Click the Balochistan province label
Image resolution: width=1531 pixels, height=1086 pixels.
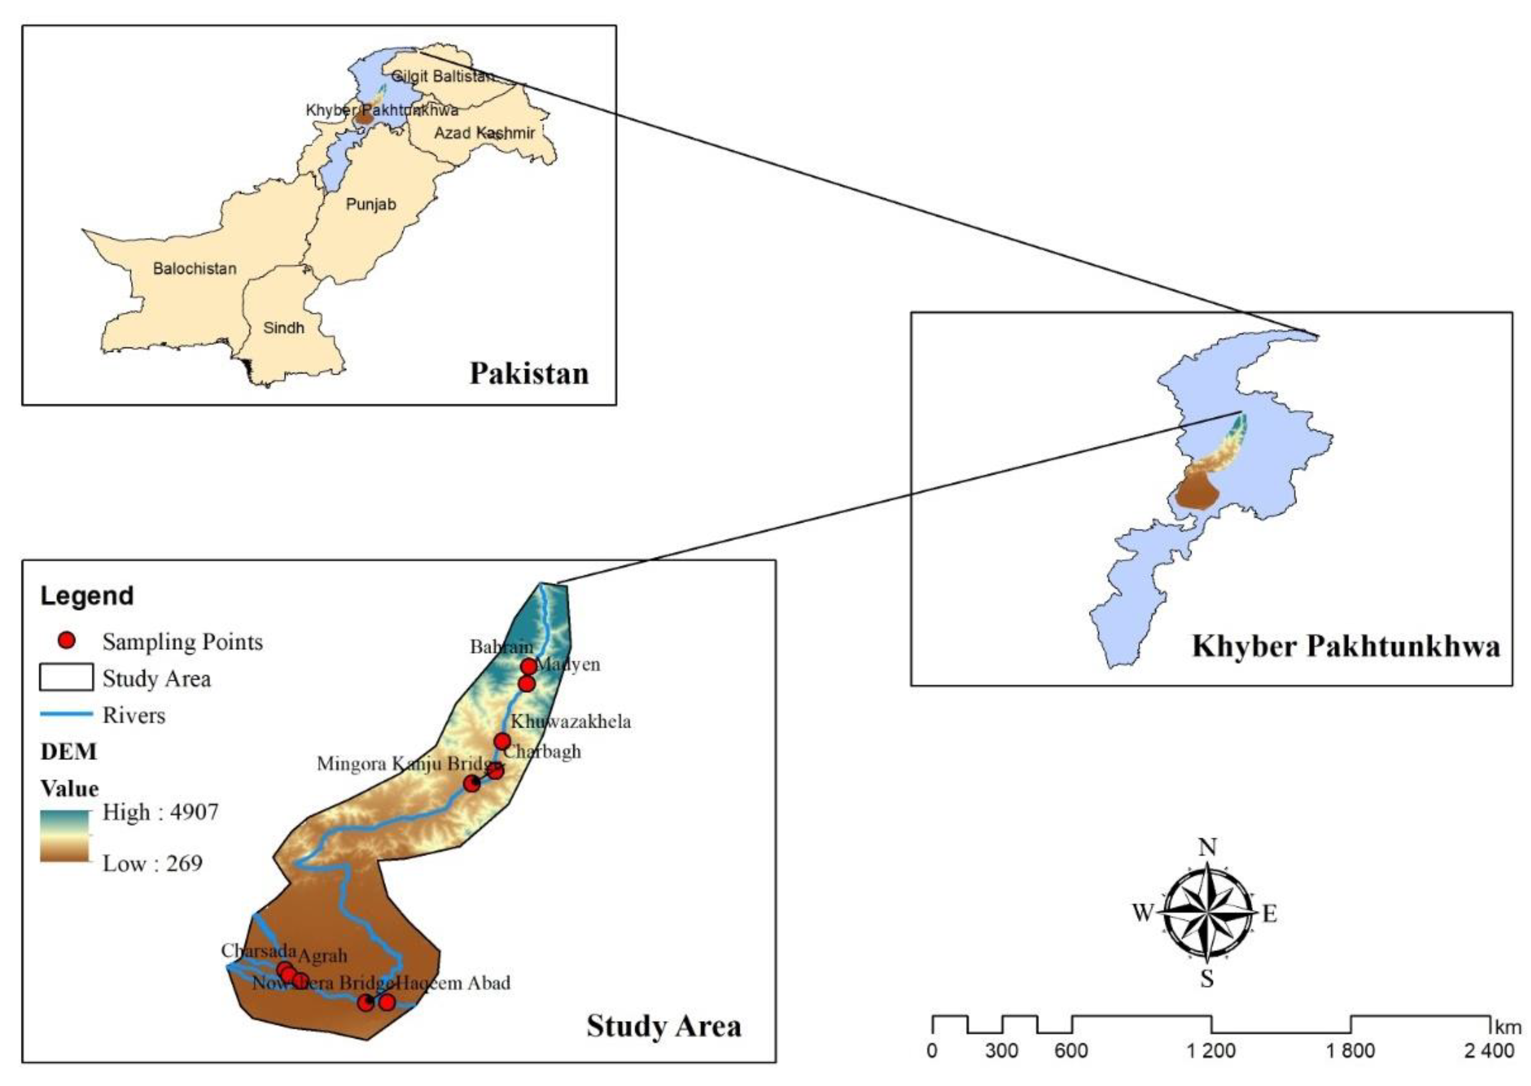point(195,269)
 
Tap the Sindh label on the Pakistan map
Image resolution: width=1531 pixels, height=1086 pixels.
point(284,328)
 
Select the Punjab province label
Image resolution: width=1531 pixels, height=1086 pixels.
point(370,204)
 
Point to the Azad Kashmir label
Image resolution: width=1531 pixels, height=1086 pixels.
point(484,133)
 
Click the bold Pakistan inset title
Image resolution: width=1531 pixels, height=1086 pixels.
point(529,373)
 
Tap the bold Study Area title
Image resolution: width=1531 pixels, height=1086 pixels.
point(663,1026)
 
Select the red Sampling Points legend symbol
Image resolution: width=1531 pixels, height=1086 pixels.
point(67,641)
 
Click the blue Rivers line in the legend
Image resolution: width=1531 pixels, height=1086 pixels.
point(66,714)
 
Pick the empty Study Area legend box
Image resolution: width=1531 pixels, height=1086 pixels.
point(66,677)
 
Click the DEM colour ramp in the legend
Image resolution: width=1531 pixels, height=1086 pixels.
point(64,835)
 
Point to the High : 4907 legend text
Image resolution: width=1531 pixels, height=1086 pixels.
point(160,812)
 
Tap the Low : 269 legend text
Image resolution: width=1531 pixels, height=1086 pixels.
point(152,863)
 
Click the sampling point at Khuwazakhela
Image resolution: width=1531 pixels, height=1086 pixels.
point(502,741)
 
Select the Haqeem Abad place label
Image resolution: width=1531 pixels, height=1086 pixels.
point(453,983)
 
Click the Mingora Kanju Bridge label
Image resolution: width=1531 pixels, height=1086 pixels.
point(408,764)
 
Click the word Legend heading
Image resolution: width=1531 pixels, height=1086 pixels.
point(87,596)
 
